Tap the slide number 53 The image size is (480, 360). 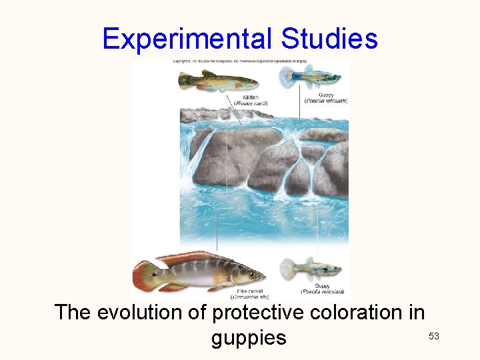tap(433, 336)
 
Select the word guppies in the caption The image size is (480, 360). tap(248, 338)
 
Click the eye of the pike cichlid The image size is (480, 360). tap(251, 273)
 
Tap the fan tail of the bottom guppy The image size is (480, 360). tap(289, 269)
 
